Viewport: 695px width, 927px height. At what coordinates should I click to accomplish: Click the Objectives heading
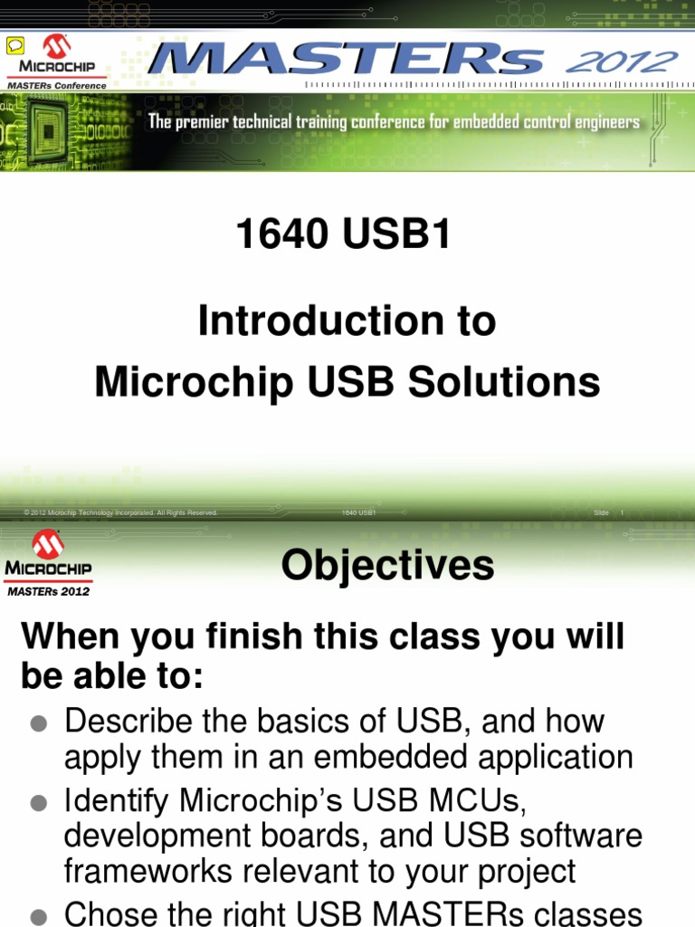point(387,566)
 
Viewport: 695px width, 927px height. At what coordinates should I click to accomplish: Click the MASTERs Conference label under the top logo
point(56,86)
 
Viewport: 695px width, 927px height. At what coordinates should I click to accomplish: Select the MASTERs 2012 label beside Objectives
point(49,591)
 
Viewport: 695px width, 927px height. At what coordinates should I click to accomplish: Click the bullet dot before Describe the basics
point(38,723)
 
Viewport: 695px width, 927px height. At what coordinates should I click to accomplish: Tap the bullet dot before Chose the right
point(38,916)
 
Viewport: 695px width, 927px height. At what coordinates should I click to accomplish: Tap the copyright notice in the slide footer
point(121,513)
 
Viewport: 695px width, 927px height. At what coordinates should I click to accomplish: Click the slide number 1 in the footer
point(622,513)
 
